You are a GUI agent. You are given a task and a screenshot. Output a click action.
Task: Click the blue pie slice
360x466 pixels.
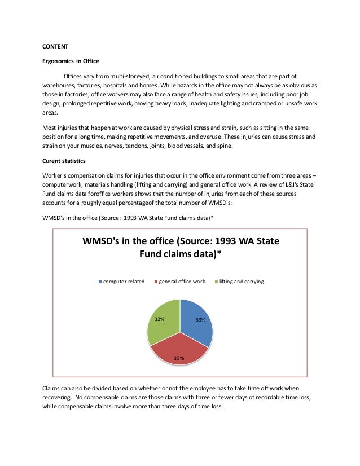click(x=197, y=322)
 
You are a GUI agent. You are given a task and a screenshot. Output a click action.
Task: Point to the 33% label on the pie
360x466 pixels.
click(x=200, y=320)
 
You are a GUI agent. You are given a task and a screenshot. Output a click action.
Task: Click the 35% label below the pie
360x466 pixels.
click(x=179, y=358)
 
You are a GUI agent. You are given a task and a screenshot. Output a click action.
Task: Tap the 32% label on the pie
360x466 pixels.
click(x=160, y=319)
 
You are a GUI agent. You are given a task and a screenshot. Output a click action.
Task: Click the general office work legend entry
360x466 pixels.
click(x=181, y=281)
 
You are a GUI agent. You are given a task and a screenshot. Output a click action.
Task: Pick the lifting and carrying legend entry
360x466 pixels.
click(x=241, y=281)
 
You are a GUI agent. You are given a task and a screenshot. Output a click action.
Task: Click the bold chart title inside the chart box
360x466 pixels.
click(x=181, y=247)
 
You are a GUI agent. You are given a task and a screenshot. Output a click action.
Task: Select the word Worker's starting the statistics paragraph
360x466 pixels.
click(x=57, y=176)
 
